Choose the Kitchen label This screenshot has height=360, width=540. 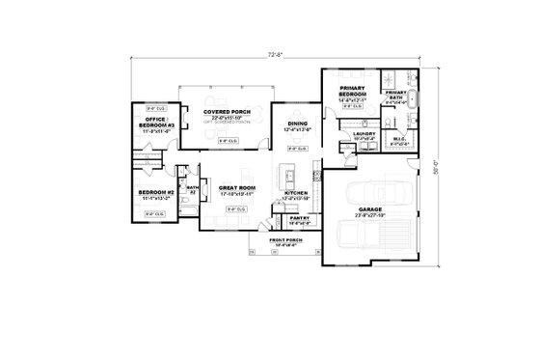pos(296,193)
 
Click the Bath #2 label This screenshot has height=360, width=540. pos(192,189)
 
